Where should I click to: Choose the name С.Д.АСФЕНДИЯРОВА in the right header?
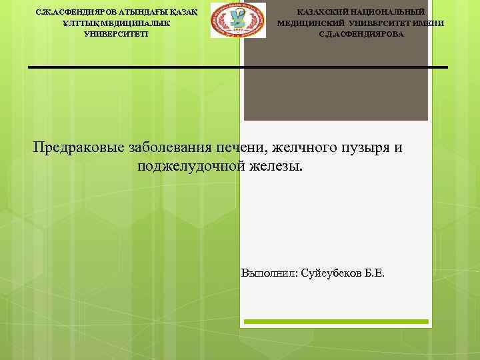click(361, 33)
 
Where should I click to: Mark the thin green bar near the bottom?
click(336, 321)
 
